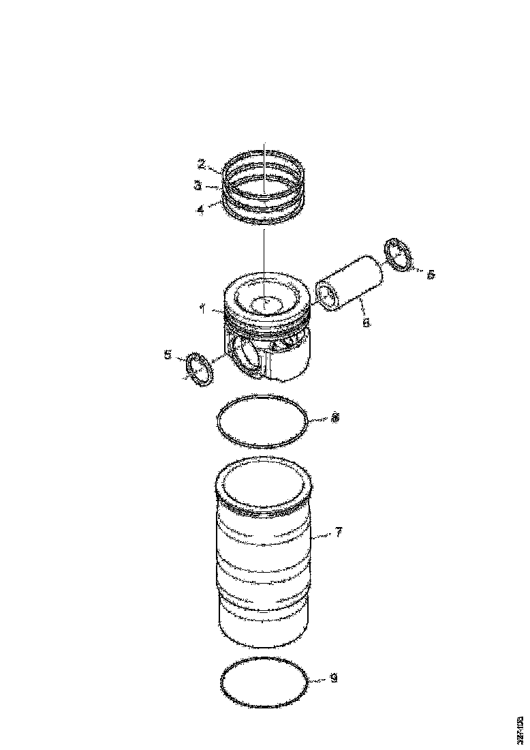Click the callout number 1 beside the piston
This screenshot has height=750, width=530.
202,309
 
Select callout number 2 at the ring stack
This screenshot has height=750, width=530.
202,164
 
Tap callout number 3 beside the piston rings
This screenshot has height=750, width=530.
197,185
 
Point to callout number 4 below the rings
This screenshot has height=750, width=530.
200,210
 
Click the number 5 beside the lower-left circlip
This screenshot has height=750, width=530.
168,354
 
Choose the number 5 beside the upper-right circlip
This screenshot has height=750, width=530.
430,273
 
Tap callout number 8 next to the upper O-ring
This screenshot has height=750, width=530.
334,418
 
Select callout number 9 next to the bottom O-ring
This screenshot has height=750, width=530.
333,678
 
